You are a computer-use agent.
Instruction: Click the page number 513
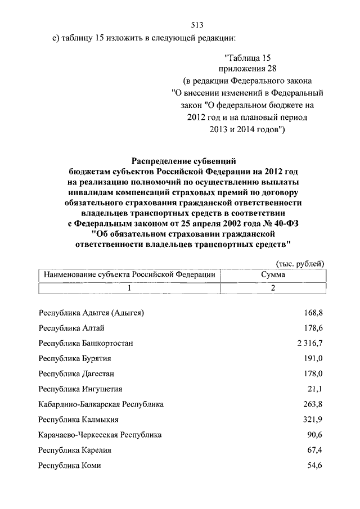[196, 25]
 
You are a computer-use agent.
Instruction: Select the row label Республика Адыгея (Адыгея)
[92, 312]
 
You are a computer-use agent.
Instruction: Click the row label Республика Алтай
[71, 328]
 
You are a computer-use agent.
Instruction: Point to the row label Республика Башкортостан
[85, 343]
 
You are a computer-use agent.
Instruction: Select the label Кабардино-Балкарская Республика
[101, 404]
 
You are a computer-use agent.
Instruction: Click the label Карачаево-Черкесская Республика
[100, 435]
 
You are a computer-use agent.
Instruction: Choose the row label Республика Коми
[70, 466]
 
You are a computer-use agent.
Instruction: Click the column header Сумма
[273, 274]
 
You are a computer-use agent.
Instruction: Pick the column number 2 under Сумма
[273, 288]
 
